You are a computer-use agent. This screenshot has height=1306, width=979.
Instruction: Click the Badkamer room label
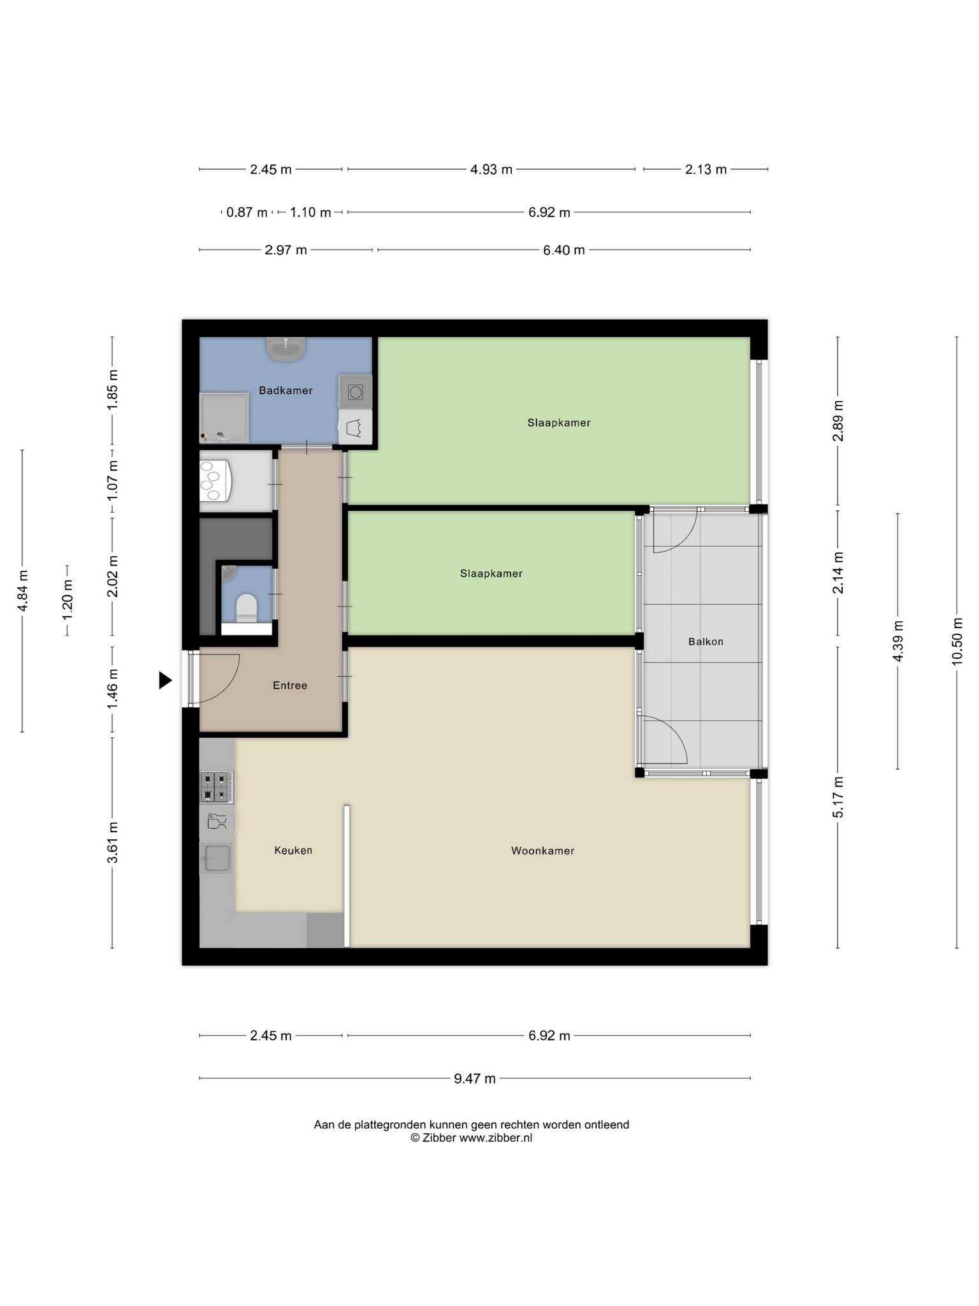tap(286, 390)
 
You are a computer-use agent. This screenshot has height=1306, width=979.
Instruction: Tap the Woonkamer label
tap(542, 851)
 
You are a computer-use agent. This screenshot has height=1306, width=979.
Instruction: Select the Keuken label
tap(293, 850)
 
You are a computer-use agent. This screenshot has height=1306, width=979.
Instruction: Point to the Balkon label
tap(706, 642)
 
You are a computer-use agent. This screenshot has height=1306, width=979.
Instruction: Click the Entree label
tap(290, 686)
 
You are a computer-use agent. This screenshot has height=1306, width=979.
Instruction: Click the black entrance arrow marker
tap(166, 680)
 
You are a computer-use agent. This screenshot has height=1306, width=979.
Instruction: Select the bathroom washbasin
tap(286, 349)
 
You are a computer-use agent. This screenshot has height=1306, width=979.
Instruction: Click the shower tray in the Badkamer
tap(224, 418)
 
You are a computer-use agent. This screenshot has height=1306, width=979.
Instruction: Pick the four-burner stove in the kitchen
tap(217, 787)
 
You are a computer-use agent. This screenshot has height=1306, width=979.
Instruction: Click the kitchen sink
tap(217, 858)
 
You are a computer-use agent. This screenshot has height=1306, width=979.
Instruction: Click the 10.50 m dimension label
tap(957, 642)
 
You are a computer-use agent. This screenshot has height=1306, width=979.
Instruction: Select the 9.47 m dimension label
tap(475, 1078)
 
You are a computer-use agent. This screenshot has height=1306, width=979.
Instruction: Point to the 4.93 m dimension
tap(491, 169)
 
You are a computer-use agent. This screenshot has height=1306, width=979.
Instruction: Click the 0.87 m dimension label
tap(247, 212)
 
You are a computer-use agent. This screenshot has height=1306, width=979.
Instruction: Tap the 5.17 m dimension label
tap(838, 797)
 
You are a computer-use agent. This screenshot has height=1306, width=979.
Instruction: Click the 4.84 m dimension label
tap(22, 591)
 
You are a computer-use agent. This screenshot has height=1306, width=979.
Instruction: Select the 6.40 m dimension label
tap(564, 250)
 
